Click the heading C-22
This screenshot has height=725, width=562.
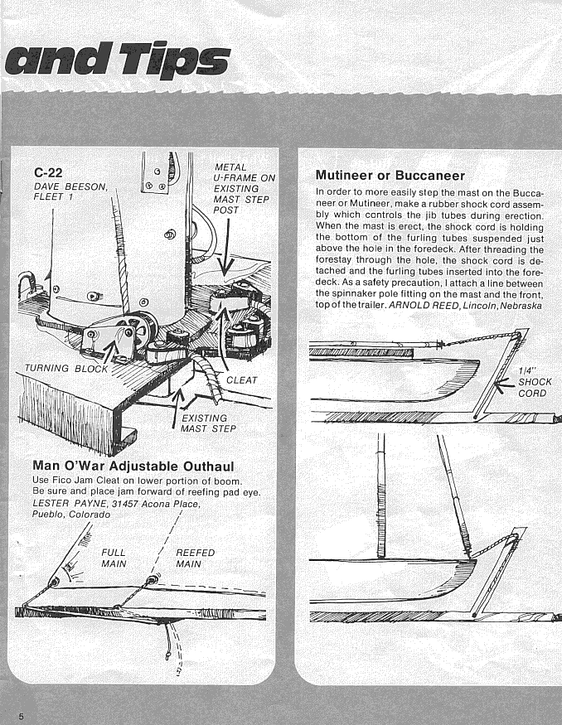48,173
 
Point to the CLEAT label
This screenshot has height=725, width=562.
242,380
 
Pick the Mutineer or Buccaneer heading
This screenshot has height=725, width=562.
390,176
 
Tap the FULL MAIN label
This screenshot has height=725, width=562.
114,558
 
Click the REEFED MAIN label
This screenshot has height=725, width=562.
196,558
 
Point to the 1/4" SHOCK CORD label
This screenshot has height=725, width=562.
532,382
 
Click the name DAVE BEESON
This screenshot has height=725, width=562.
71,187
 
